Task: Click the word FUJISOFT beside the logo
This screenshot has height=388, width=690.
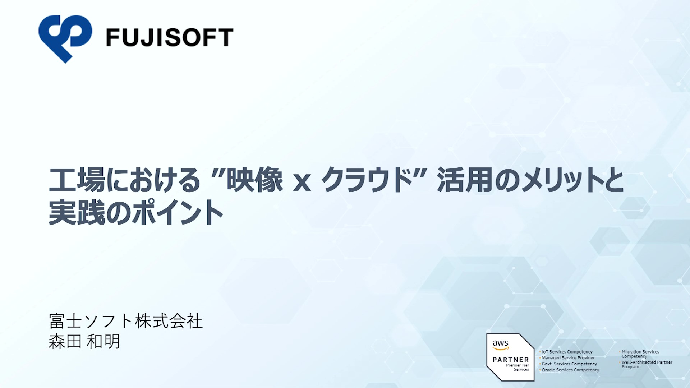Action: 170,38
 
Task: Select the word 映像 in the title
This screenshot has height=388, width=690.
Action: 255,180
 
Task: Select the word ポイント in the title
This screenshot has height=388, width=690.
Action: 178,212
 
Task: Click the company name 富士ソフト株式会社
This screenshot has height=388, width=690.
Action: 126,321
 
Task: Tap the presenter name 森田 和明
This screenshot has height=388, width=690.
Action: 84,341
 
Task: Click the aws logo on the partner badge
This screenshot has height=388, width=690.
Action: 501,345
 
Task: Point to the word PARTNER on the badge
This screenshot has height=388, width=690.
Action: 511,360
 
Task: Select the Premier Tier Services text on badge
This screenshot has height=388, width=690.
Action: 517,367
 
